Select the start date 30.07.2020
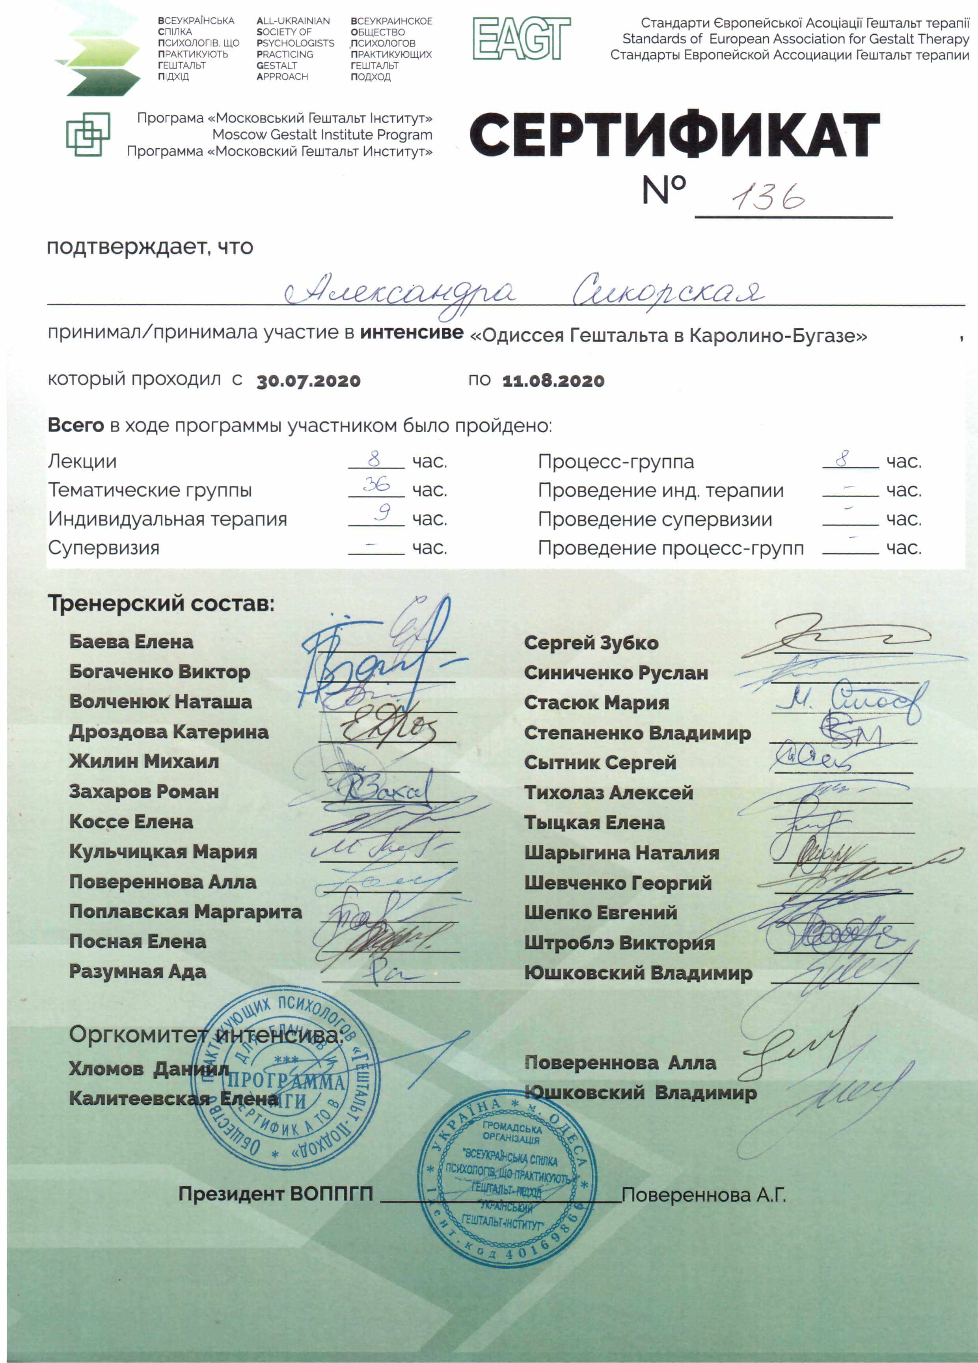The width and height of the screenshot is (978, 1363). point(308,381)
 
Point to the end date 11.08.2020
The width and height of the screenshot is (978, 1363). point(553,381)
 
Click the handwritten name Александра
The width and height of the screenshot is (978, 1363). point(399,293)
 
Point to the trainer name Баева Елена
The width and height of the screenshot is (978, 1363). point(131,642)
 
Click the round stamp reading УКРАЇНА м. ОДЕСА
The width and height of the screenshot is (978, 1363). point(508,1179)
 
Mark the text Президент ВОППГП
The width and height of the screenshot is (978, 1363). point(275,1194)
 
